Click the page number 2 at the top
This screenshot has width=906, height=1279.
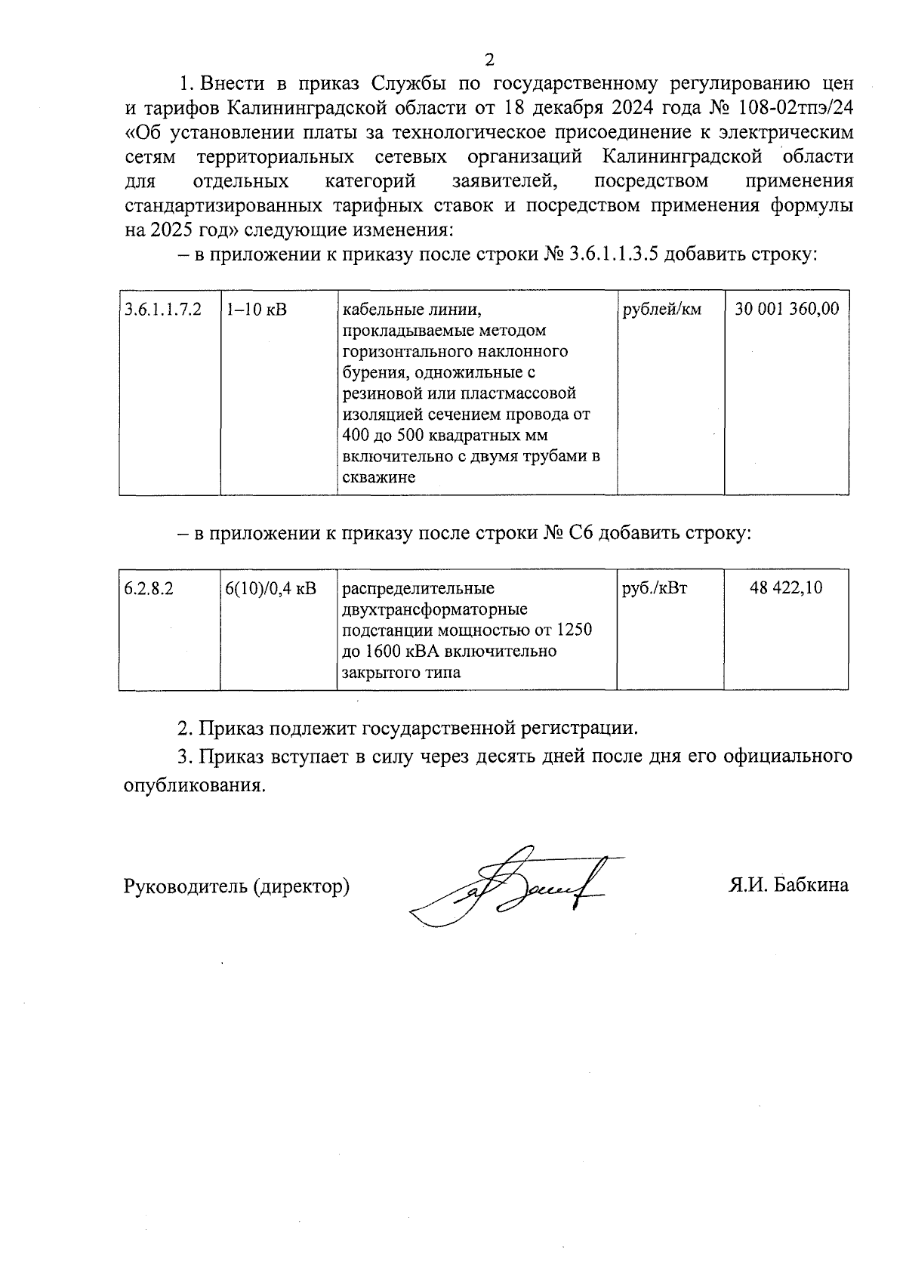[488, 60]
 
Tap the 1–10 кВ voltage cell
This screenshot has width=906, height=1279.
[257, 310]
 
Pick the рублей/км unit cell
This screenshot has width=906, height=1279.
[661, 310]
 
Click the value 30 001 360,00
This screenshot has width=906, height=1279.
[787, 310]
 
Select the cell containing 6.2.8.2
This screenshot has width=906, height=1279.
[149, 588]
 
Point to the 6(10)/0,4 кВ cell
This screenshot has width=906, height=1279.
[271, 588]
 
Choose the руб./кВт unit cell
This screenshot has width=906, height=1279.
[655, 588]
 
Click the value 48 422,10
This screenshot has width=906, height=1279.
[786, 588]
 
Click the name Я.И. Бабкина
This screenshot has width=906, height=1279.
[788, 885]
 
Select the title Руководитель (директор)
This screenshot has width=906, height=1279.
[236, 886]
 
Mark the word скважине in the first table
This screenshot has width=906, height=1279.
[379, 478]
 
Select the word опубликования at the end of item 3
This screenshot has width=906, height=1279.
[194, 785]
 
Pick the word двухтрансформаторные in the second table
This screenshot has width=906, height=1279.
[435, 609]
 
